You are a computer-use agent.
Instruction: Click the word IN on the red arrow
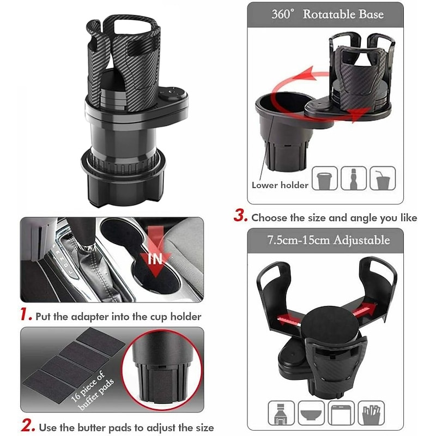(156, 258)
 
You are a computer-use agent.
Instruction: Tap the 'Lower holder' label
(280, 185)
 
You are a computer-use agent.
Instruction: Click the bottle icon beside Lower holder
(354, 178)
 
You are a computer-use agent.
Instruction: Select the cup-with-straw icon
(383, 178)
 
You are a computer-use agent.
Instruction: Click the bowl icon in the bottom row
(311, 413)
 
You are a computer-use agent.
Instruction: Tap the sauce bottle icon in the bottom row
(281, 413)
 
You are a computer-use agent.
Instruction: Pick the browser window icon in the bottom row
(342, 413)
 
